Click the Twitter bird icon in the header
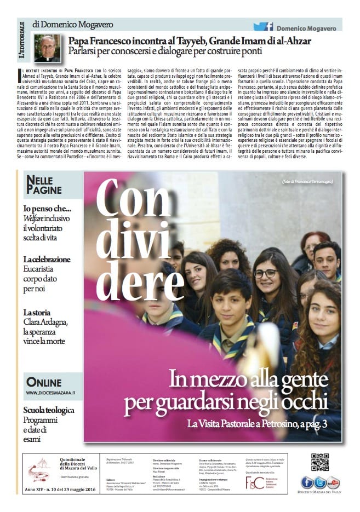point(259,26)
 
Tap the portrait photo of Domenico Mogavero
point(47,48)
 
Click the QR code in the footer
point(319,462)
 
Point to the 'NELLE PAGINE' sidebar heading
point(42,185)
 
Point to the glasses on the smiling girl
point(265,273)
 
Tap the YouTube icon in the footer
point(333,482)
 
